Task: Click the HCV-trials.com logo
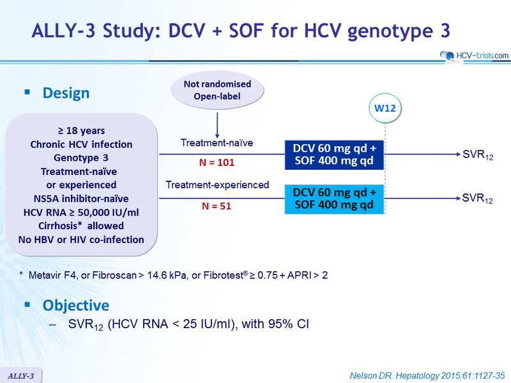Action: pos(474,56)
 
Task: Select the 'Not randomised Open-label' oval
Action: pos(217,90)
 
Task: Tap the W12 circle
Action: pos(385,108)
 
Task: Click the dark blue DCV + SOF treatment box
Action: pos(334,154)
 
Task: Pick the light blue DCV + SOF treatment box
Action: pos(334,199)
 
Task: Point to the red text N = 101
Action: pos(217,163)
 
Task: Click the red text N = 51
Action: pos(217,206)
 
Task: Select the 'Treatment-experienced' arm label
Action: pos(217,184)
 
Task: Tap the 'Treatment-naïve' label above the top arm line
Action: pos(217,142)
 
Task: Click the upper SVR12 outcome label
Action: pos(478,154)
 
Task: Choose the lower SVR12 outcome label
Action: pos(477,199)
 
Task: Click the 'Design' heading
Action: pos(66,93)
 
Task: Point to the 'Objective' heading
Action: pos(76,306)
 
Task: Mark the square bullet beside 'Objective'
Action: pos(27,304)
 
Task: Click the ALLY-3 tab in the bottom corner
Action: pos(21,376)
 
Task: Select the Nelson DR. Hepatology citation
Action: pos(427,376)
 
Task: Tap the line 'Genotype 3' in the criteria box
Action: pos(81,158)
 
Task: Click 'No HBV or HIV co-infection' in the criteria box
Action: pos(81,240)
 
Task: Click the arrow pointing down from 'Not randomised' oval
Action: pos(217,125)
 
